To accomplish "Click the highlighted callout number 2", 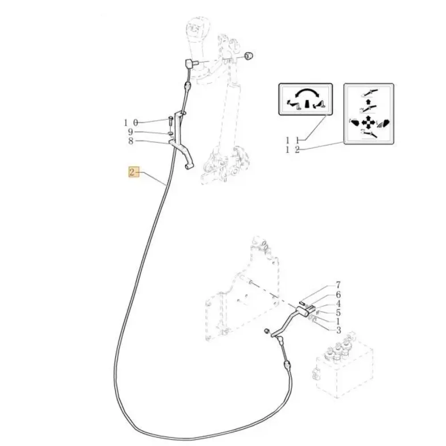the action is click(132, 172).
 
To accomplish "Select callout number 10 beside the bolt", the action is click(131, 123).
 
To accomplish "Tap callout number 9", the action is click(131, 132).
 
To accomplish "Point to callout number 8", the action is click(131, 141).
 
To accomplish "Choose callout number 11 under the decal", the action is click(293, 140).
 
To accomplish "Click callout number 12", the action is click(293, 149).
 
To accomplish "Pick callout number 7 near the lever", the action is click(338, 285).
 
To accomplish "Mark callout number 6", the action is click(338, 295).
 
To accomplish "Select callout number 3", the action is click(338, 330).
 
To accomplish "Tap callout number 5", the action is click(338, 313).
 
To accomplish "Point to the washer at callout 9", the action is click(170, 133).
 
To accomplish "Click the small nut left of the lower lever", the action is click(267, 330).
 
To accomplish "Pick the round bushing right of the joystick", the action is click(249, 56).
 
